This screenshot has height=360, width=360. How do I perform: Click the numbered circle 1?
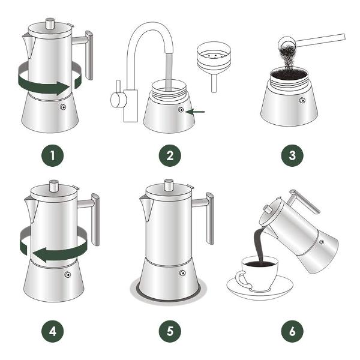click(53, 155)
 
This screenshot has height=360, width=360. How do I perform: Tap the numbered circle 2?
click(170, 155)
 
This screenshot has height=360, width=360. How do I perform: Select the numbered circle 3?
click(292, 155)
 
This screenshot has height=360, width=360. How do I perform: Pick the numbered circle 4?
click(53, 331)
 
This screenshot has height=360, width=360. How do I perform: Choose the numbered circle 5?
click(170, 331)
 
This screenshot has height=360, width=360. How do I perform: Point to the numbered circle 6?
click(292, 331)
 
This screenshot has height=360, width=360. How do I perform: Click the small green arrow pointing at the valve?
click(195, 112)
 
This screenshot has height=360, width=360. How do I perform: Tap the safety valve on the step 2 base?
click(181, 110)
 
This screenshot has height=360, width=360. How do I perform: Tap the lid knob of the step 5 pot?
click(169, 185)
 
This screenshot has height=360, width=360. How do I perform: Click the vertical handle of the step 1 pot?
click(89, 55)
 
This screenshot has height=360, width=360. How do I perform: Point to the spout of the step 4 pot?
click(31, 209)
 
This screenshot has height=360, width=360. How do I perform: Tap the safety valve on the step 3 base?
click(302, 100)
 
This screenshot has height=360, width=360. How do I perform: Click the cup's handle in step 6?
click(243, 280)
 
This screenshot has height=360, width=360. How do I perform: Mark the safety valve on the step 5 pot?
click(182, 273)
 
